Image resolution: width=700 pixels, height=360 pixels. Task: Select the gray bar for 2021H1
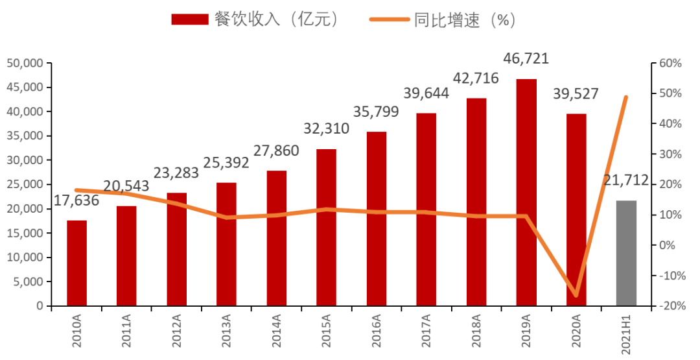coord(626,253)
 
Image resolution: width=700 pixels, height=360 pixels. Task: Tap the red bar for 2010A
coord(76,263)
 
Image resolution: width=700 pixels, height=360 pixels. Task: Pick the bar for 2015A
coord(327,227)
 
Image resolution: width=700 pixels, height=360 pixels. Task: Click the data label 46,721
coord(526,58)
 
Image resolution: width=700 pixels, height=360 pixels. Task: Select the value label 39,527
coord(576,93)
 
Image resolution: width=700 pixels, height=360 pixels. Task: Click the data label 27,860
coord(277,151)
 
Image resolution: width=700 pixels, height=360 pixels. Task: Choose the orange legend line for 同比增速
coord(390,19)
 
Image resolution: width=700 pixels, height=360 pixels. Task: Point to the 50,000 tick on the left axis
coord(25,64)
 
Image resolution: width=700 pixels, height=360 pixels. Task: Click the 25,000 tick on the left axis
coord(25,185)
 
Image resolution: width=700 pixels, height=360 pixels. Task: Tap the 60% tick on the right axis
coord(671,64)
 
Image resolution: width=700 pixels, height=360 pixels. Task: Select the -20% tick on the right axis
coord(671,306)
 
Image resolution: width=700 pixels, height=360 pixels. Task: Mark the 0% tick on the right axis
coord(668,245)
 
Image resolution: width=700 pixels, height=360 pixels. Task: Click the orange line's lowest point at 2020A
coord(576,296)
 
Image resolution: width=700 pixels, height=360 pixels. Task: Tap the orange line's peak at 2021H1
coord(626,97)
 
